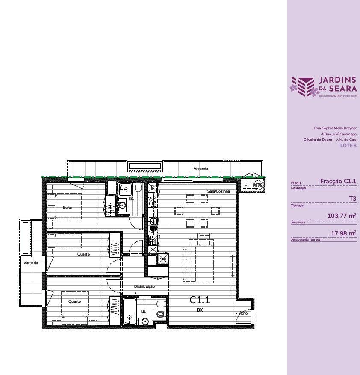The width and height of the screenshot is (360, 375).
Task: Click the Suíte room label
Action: coord(67,207)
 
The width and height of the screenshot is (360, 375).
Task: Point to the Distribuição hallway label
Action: coord(145,286)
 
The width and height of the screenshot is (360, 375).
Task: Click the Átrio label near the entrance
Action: coord(243,313)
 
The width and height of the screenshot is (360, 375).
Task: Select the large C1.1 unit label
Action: coord(200,300)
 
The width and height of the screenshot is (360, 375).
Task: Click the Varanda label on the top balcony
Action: coord(201,169)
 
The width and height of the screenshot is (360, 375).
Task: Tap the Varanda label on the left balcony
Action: coord(31,263)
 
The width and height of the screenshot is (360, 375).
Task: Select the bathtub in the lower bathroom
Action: coord(130,312)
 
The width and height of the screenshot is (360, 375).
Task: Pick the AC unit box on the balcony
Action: coord(247,185)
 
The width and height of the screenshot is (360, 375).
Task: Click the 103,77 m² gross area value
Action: coord(342,216)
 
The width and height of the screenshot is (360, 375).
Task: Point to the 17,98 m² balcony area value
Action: coord(344,233)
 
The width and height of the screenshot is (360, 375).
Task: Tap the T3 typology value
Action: coord(352,199)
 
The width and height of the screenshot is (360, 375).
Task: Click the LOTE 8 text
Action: coord(348,146)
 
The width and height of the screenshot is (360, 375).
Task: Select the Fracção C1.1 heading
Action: coord(338,182)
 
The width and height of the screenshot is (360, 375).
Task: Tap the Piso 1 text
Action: coord(296,183)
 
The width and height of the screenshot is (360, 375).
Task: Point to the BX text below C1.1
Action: coord(199,310)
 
